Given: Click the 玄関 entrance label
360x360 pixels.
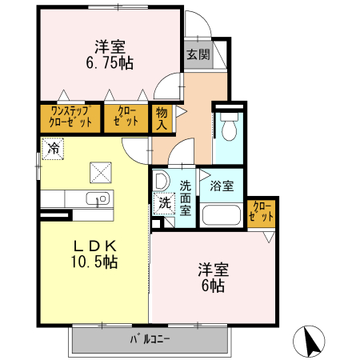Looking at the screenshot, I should (198, 55).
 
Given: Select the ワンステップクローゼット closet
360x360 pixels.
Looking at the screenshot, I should (70, 117).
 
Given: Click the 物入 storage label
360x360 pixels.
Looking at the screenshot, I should (161, 118).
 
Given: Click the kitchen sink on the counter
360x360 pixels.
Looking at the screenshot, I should (101, 198).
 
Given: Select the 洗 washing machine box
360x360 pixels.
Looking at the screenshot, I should (163, 203).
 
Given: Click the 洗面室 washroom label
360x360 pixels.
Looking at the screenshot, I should (185, 196).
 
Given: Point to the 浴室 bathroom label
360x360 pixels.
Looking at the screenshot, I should (222, 186).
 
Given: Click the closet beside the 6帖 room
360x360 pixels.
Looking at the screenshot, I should (262, 212).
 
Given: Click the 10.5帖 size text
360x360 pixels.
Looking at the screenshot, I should (96, 262).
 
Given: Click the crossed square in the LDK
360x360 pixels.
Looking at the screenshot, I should (102, 171).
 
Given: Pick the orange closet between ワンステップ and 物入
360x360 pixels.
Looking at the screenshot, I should (126, 117).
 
